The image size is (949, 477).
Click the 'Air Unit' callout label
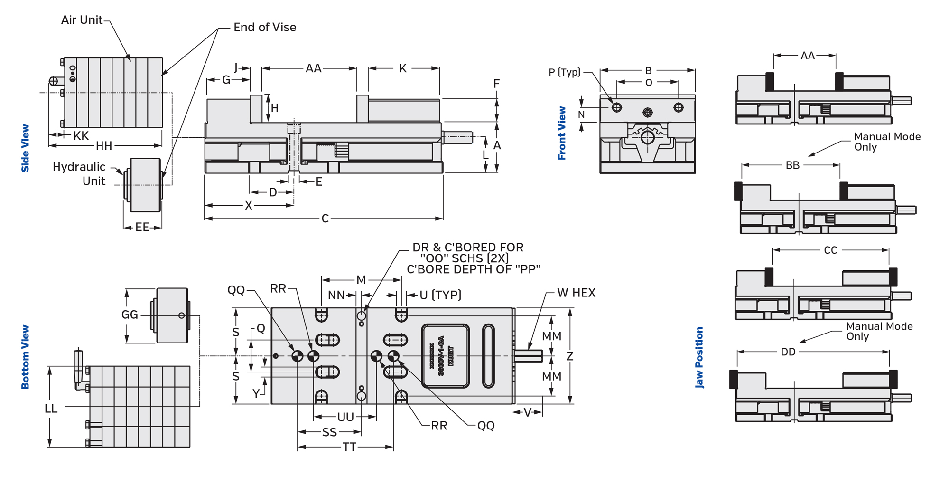82,20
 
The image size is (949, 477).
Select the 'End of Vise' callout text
265,28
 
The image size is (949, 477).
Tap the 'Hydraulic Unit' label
79,174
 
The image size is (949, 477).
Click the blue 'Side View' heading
25,148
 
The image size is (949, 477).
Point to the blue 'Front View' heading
562,133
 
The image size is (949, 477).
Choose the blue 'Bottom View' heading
25,357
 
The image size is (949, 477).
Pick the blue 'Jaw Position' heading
699,358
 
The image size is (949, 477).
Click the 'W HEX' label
576,293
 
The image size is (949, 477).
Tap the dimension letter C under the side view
325,219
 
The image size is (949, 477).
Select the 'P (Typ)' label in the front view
565,72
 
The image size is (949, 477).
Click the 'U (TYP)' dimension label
440,295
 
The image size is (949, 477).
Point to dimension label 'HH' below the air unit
104,146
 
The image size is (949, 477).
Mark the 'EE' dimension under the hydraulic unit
142,228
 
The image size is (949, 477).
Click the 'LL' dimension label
51,409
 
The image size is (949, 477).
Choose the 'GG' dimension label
130,315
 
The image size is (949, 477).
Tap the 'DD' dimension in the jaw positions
788,352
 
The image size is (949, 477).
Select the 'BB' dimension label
792,165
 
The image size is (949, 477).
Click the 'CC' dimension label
830,250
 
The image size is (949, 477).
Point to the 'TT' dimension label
349,447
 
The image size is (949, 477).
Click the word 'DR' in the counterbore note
420,248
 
